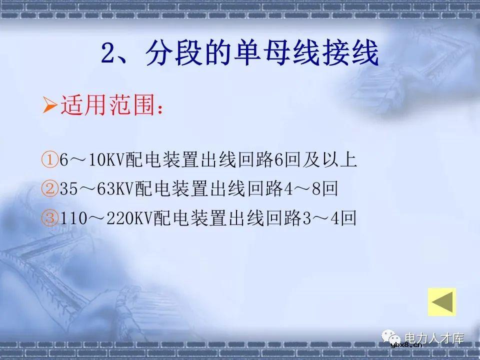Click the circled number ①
(50, 160)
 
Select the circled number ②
(50, 189)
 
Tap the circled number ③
(50, 218)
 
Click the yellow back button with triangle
(442, 302)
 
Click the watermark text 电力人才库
(434, 338)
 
